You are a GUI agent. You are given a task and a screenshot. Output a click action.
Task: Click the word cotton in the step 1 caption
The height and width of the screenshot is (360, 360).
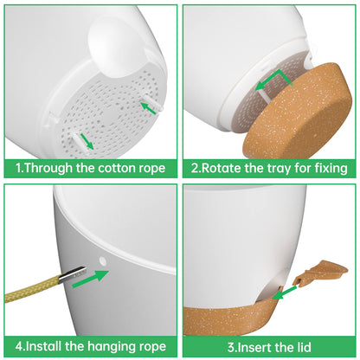coord(115,168)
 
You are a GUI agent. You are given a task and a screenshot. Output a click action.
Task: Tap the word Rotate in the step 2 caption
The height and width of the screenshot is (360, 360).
coord(221,168)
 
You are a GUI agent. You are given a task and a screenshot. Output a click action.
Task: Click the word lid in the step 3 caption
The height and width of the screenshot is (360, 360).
coord(303,347)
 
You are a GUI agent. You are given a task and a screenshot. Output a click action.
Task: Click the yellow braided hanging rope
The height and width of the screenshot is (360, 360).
coord(32,287)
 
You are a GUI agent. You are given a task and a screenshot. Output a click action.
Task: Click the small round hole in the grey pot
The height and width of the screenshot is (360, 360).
coord(102,261)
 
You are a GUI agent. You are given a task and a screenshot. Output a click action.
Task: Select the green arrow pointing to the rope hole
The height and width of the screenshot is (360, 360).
coord(90,279)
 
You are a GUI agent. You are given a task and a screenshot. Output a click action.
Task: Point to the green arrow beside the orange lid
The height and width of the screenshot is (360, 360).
coord(284,292)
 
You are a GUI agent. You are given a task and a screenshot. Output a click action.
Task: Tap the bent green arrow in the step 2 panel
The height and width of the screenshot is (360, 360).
coord(273,80)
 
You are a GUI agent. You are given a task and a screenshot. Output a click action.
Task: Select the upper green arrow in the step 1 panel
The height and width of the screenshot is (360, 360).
coord(148,107)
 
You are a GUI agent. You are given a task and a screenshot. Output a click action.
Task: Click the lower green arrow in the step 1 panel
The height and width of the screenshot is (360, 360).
coord(87,141)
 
